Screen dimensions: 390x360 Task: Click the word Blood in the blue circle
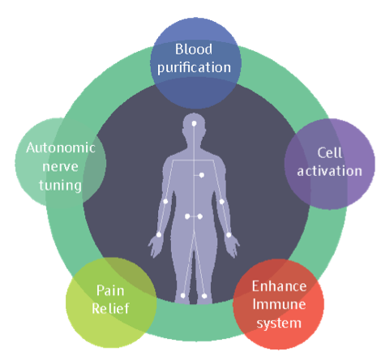point(194,49)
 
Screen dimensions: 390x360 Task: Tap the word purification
point(194,68)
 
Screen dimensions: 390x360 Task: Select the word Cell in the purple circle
point(330,153)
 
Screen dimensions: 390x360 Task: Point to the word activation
point(329,171)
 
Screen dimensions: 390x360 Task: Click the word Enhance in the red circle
point(279,286)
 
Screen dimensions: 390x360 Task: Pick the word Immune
point(279,304)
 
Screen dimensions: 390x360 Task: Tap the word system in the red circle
point(279,324)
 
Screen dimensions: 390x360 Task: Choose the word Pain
point(110,291)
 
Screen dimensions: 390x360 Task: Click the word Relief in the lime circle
point(110,308)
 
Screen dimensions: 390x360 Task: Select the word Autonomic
point(61,148)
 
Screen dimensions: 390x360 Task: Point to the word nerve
point(60,167)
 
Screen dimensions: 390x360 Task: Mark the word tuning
point(60,186)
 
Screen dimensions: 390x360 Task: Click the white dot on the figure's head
point(194,124)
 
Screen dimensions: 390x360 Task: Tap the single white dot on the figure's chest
point(202,175)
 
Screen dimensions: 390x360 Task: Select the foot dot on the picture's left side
point(183,296)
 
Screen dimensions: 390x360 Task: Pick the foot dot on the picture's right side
point(204,296)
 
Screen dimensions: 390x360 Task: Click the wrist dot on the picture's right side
point(229,235)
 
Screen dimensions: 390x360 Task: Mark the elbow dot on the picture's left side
point(165,201)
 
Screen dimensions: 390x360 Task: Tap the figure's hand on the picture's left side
point(155,246)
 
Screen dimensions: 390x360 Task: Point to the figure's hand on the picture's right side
point(233,246)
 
